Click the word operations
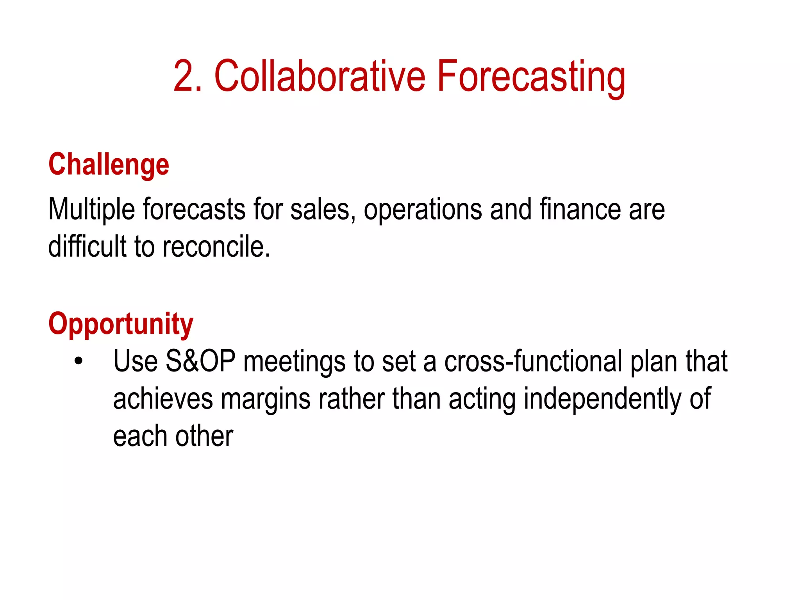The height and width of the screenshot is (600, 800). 423,210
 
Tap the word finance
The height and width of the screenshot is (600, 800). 580,210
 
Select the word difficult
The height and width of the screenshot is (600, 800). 87,247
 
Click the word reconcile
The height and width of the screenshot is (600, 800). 216,247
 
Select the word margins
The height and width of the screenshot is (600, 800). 266,399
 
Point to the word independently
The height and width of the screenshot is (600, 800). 602,399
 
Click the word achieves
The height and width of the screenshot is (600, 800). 163,399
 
